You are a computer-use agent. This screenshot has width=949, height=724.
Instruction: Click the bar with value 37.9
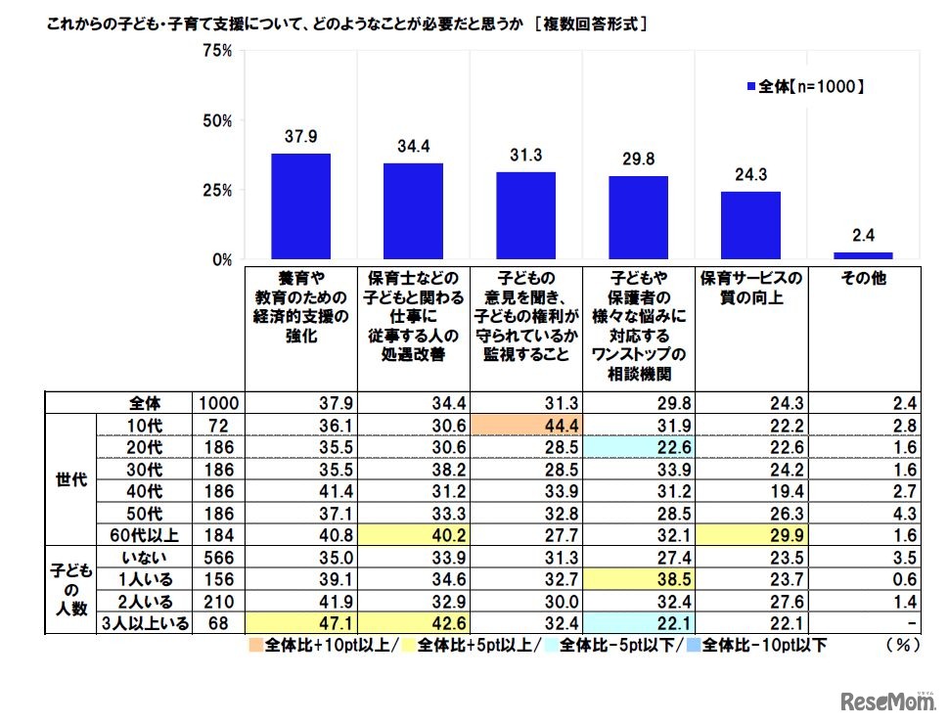(300, 206)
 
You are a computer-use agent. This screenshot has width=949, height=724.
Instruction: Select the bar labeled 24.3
(750, 225)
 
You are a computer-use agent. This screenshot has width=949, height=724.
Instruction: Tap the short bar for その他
(863, 255)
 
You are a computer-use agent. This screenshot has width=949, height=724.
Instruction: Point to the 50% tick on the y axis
(216, 121)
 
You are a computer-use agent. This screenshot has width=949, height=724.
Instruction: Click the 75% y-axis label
(216, 52)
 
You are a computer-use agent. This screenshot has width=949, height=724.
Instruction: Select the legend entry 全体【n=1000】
(805, 87)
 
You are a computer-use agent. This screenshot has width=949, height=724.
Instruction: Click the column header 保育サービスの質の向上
(751, 287)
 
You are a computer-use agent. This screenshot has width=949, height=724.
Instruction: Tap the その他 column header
(863, 278)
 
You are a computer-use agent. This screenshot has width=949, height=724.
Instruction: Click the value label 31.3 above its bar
(525, 155)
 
